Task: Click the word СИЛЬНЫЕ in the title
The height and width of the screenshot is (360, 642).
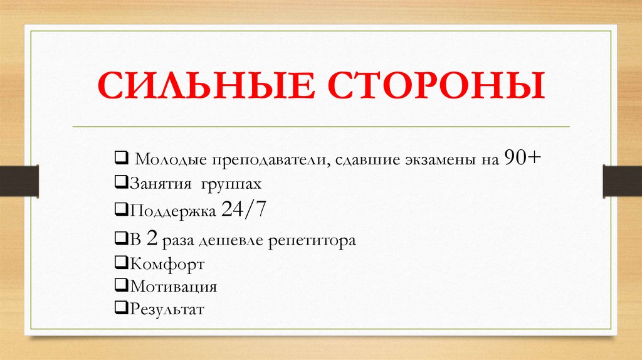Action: point(196,87)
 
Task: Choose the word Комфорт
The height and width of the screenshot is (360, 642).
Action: point(167,264)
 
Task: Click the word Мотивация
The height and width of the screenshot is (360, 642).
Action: point(173,287)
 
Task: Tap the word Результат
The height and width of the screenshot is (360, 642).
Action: point(167,309)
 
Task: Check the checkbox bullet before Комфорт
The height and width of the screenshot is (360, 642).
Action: point(120,263)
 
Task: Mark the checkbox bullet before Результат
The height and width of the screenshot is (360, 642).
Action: point(120,309)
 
